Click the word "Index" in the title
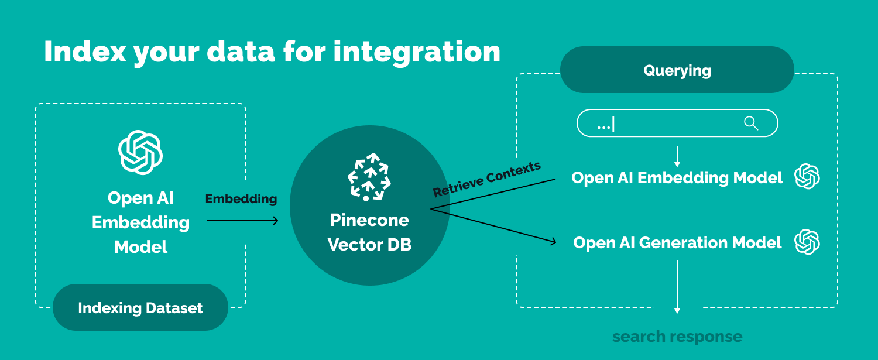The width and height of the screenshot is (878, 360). pyautogui.click(x=85, y=52)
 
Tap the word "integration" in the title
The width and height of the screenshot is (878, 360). pyautogui.click(x=417, y=52)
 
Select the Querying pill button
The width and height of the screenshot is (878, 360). pyautogui.click(x=677, y=70)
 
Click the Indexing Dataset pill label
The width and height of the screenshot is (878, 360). pyautogui.click(x=140, y=308)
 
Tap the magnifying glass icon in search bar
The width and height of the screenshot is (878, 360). pyautogui.click(x=750, y=123)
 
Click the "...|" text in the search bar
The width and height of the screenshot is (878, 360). pyautogui.click(x=605, y=124)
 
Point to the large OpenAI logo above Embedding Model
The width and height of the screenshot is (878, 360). pyautogui.click(x=140, y=152)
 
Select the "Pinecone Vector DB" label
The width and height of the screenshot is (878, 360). pyautogui.click(x=369, y=232)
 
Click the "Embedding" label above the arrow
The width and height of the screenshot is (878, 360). pyautogui.click(x=241, y=199)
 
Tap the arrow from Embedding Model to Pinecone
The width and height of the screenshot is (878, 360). pyautogui.click(x=242, y=221)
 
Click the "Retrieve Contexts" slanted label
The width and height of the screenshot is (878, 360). pyautogui.click(x=486, y=179)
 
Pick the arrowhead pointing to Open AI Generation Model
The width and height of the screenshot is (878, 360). pyautogui.click(x=551, y=241)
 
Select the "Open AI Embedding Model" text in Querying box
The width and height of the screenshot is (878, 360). pyautogui.click(x=677, y=178)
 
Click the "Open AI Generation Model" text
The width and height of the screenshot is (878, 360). pyautogui.click(x=677, y=243)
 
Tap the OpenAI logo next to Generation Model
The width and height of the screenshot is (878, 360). pyautogui.click(x=807, y=242)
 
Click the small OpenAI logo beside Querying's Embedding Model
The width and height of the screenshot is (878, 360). pyautogui.click(x=807, y=177)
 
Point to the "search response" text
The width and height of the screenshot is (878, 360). pyautogui.click(x=677, y=337)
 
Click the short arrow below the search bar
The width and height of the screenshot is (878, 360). pyautogui.click(x=677, y=156)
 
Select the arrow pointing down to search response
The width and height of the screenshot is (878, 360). pyautogui.click(x=677, y=287)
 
